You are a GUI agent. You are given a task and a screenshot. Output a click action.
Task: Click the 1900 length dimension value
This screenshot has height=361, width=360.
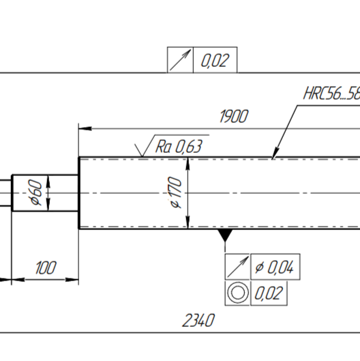pos(234,116)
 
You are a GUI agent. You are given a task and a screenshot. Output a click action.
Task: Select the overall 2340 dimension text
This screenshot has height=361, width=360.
pos(198,320)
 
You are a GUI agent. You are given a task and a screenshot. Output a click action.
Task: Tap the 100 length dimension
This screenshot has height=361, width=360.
pos(46,268)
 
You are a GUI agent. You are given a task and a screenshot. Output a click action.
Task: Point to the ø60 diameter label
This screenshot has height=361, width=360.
pos(35,192)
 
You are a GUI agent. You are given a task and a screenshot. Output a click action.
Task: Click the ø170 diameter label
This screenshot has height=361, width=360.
pos(175,192)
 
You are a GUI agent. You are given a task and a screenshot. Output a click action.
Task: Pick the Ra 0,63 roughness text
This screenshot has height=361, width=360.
pos(179,147)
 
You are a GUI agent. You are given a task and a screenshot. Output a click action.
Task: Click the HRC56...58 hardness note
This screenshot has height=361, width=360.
pos(332,93)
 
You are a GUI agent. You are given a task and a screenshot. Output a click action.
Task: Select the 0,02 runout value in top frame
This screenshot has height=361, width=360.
pos(215,61)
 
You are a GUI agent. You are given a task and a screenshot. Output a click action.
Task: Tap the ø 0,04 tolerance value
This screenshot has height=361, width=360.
pos(274,268)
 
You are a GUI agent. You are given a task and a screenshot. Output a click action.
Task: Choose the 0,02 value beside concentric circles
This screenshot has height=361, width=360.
pos(269,293)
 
